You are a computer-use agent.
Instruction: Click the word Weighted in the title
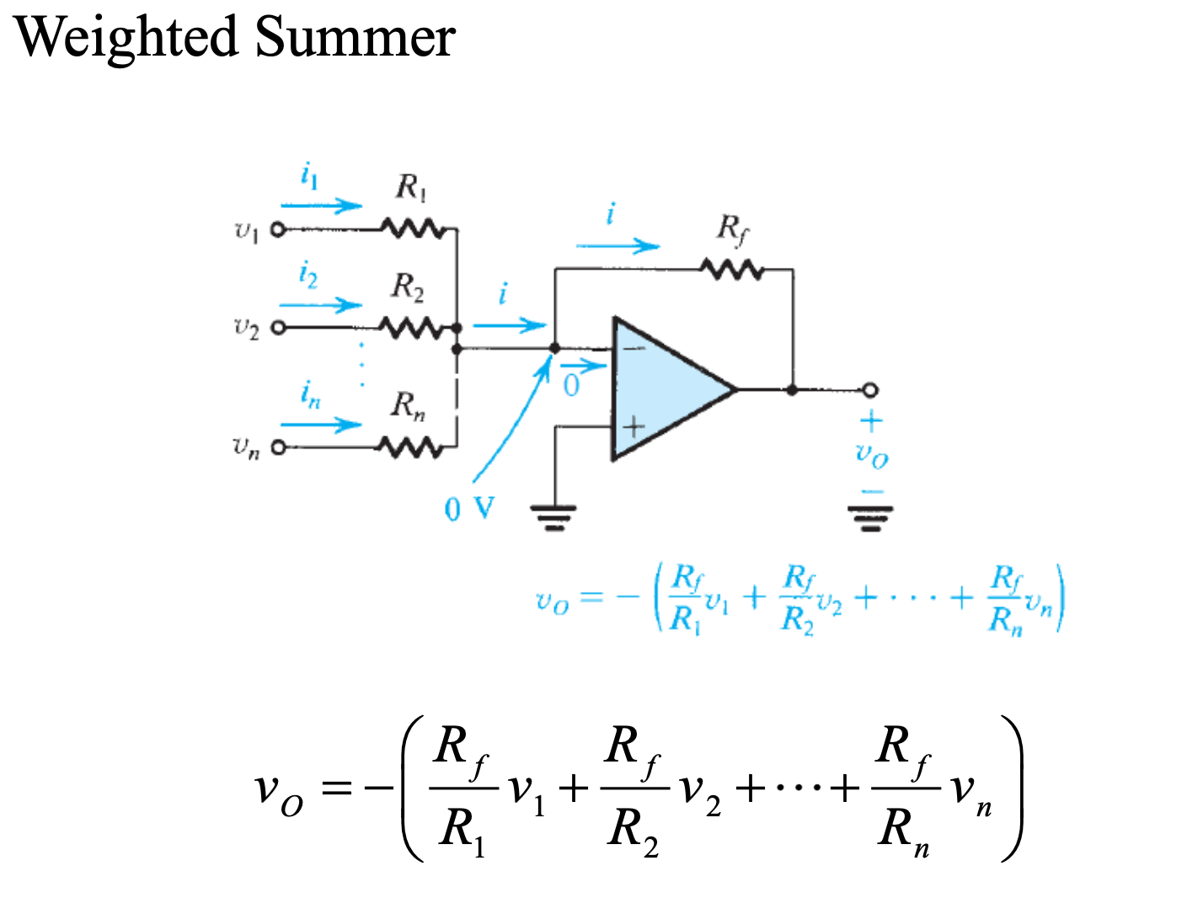(x=126, y=38)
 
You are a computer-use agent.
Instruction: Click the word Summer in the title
(x=355, y=38)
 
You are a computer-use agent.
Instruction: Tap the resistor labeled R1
(x=411, y=228)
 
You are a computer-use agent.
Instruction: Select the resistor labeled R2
(x=410, y=327)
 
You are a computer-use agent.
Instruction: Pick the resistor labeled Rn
(x=410, y=447)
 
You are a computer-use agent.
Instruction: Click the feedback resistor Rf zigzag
(x=732, y=270)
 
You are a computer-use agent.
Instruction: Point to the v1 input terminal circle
(x=277, y=229)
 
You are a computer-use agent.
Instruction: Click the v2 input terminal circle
(x=277, y=328)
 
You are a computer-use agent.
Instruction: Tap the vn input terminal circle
(x=277, y=447)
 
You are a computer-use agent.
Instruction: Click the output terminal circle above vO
(x=870, y=389)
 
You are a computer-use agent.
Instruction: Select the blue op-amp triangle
(x=666, y=389)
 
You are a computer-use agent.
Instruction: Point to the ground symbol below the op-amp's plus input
(x=553, y=516)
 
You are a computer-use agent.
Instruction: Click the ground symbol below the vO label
(x=870, y=516)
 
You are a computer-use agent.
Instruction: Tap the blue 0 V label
(x=469, y=509)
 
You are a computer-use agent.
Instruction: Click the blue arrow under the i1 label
(x=321, y=205)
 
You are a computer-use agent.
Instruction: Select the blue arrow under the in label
(x=321, y=424)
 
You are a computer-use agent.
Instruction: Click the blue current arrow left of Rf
(x=618, y=246)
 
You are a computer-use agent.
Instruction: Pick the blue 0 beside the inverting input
(x=571, y=386)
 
